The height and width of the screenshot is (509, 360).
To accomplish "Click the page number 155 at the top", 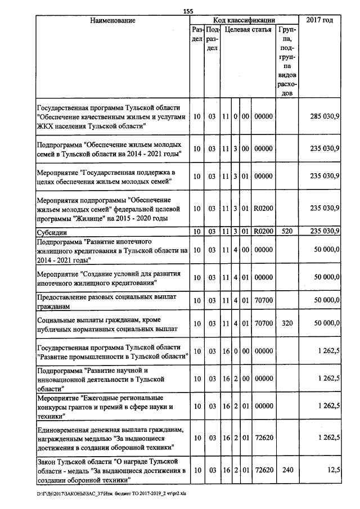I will pyautogui.click(x=188, y=11).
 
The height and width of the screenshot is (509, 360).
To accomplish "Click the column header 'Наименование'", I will pyautogui.click(x=112, y=20).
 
